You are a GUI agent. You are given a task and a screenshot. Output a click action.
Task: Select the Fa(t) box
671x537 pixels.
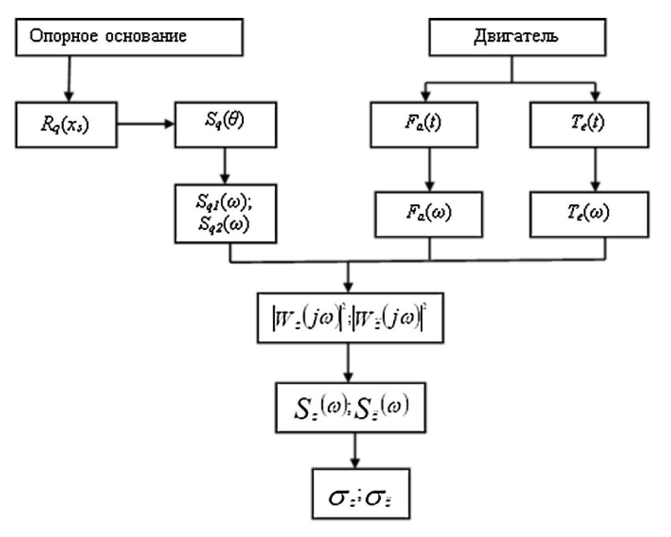(x=429, y=124)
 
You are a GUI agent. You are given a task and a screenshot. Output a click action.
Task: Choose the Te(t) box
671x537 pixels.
(x=597, y=124)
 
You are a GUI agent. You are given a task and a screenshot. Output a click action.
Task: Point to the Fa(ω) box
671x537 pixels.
(x=429, y=213)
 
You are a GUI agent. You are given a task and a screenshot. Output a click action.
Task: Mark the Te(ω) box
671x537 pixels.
(x=597, y=213)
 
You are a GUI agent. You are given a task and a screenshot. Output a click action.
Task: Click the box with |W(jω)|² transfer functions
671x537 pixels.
(x=349, y=316)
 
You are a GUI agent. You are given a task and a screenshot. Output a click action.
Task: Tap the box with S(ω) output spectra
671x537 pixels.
(x=349, y=407)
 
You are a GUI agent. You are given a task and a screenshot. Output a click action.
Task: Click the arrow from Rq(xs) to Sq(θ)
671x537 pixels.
(x=146, y=124)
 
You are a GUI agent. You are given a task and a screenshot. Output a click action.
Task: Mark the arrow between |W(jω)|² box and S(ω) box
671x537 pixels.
(x=349, y=362)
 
